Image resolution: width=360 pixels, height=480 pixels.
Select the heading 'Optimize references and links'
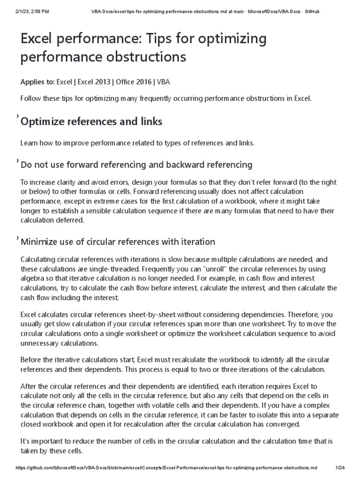coord(91,121)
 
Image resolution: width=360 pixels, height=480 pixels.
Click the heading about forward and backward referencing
coord(136,165)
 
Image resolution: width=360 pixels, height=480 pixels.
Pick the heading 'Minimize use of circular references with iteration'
coord(118,242)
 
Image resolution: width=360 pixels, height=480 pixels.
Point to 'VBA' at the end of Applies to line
coord(164,82)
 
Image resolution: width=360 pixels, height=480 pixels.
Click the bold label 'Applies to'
coord(37,82)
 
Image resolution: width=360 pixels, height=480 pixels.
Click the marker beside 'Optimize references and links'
coord(17,116)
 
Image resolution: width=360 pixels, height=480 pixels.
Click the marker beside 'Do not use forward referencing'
coord(17,160)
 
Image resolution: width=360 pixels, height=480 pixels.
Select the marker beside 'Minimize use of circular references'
coord(17,237)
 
